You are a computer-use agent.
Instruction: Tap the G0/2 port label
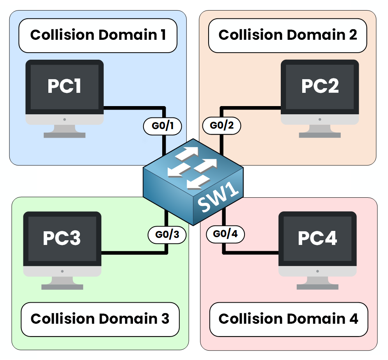[222, 126]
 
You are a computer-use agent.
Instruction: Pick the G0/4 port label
[225, 234]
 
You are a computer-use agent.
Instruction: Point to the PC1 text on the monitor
[64, 86]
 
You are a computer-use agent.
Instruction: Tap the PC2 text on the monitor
[320, 86]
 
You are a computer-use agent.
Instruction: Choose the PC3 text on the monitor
[62, 238]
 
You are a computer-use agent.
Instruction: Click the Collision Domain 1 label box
[98, 35]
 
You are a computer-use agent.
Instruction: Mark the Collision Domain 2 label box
[288, 35]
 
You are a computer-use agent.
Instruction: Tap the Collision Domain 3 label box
[100, 319]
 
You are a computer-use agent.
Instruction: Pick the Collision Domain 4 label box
[289, 319]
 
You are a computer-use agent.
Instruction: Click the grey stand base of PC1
[64, 135]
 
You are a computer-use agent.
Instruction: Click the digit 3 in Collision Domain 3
[165, 319]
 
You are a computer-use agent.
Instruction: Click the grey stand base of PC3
[62, 287]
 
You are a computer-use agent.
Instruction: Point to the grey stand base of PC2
[320, 135]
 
